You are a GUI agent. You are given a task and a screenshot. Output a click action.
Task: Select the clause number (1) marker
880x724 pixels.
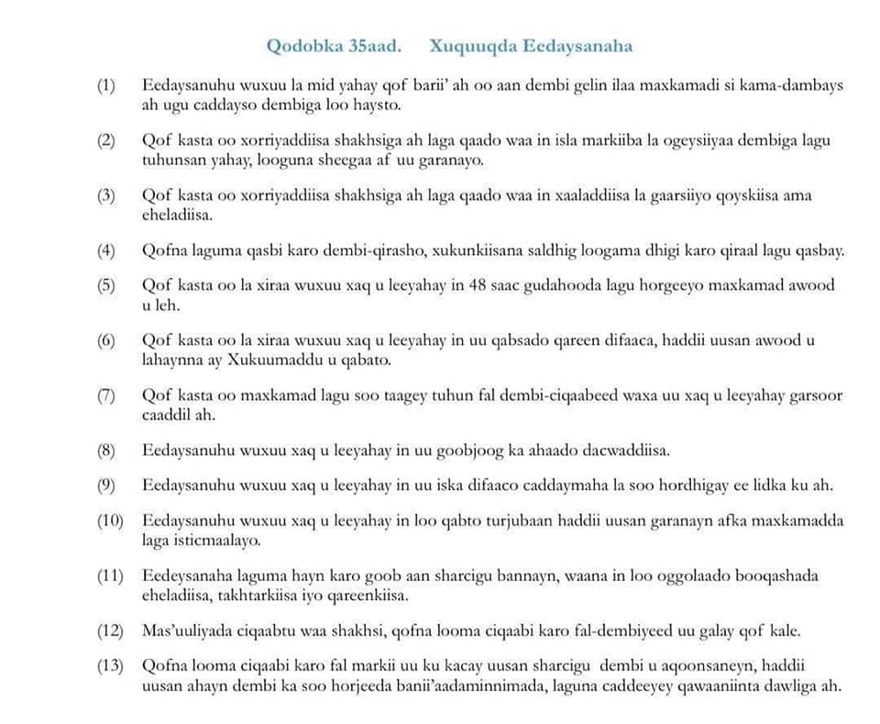(x=107, y=86)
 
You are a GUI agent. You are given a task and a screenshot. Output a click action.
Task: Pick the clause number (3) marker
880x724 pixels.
(x=107, y=196)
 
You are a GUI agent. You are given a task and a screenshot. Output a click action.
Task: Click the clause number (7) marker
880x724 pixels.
(x=107, y=396)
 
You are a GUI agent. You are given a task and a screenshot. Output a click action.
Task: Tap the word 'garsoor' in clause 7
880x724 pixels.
(x=814, y=396)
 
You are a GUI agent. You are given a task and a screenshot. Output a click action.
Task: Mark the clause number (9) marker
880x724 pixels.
(x=107, y=485)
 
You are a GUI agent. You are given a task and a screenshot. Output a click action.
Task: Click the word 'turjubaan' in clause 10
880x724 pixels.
(x=531, y=521)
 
